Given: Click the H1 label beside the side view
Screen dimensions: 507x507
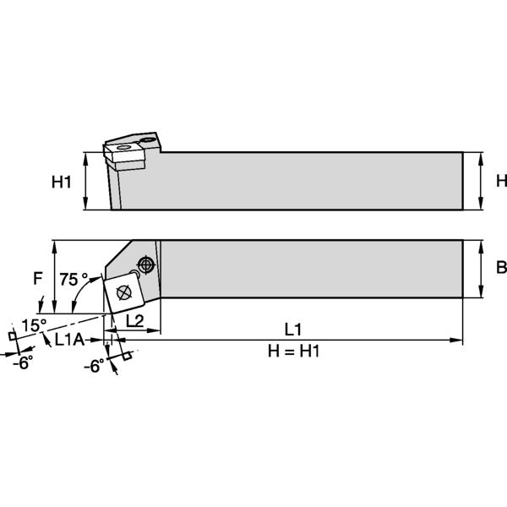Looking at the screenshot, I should click(x=62, y=181).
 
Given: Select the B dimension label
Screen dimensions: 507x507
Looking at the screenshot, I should click(x=500, y=268).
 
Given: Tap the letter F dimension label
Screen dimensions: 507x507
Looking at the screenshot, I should click(x=37, y=277).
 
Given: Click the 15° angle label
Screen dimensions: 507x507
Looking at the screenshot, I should click(x=34, y=326).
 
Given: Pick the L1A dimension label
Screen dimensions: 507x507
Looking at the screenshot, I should click(x=68, y=340).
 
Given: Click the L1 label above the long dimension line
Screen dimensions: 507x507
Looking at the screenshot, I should click(x=294, y=328).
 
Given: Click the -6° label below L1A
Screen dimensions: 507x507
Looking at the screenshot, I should click(x=95, y=365).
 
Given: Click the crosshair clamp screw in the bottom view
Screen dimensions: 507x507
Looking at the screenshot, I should click(x=148, y=264).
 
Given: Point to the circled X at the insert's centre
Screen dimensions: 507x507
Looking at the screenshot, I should click(x=123, y=292).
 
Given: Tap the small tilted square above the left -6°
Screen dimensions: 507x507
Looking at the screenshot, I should click(x=12, y=336).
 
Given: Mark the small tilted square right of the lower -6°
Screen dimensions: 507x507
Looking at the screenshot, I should click(x=128, y=355).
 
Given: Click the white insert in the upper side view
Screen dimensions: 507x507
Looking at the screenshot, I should click(x=123, y=152).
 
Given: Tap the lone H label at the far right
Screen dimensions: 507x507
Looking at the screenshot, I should click(x=500, y=181).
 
